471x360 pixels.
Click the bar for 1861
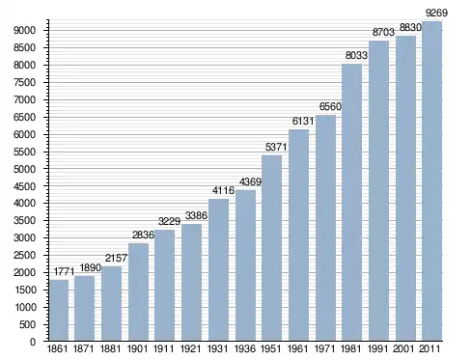(x=59, y=310)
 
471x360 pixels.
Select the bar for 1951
(x=271, y=248)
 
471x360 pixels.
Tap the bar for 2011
(x=431, y=181)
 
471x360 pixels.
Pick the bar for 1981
(x=351, y=203)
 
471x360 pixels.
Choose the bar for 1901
(x=138, y=291)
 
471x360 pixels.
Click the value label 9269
(x=436, y=13)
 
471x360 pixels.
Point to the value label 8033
(x=356, y=55)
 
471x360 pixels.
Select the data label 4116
(x=223, y=190)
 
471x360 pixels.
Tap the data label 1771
(x=64, y=271)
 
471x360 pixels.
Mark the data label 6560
(x=330, y=106)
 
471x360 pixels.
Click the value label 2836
(x=143, y=235)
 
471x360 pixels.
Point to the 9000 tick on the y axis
(x=24, y=31)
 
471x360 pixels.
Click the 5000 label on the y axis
(x=24, y=169)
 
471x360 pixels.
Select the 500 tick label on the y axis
(x=27, y=324)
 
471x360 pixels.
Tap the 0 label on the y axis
(x=33, y=342)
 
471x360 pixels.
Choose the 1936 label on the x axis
(x=245, y=348)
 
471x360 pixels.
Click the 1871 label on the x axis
(x=84, y=348)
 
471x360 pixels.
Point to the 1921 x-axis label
(x=190, y=348)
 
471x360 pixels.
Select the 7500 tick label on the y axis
(x=24, y=83)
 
